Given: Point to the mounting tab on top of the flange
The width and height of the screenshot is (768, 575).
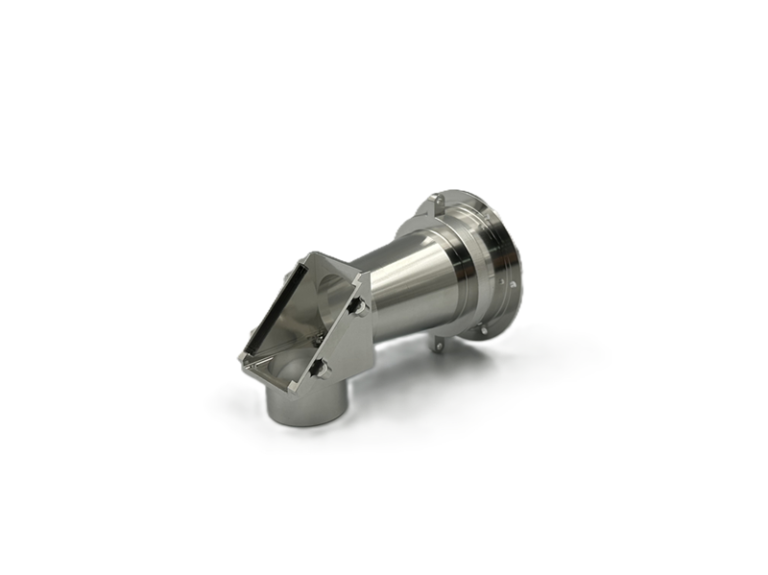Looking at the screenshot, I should (433, 204).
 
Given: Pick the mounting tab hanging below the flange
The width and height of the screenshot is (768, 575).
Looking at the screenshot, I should (438, 346).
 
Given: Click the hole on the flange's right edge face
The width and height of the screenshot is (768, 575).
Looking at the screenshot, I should (513, 283).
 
